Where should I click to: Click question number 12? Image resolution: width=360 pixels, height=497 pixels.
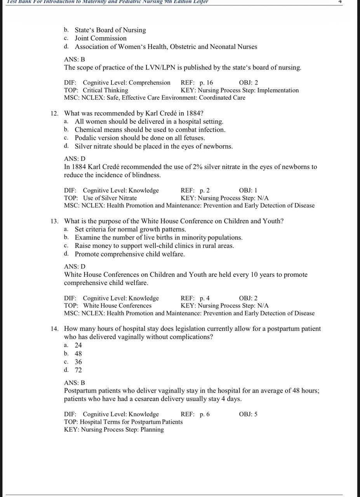[54, 113]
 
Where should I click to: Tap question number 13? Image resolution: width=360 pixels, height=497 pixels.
[54, 221]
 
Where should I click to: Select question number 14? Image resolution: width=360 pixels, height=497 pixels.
[54, 329]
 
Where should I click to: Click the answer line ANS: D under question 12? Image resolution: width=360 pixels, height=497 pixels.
[75, 158]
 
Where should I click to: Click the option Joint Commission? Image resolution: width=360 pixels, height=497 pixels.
[101, 38]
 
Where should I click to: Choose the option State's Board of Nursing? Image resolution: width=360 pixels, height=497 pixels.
[110, 30]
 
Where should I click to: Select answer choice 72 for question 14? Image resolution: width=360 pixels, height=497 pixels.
[78, 370]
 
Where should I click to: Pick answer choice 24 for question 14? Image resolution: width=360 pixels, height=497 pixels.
[78, 345]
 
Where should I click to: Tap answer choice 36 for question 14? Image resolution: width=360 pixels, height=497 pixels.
[78, 362]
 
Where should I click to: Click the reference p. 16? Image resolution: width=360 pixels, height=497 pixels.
[206, 82]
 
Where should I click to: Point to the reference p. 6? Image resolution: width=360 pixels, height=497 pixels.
[205, 414]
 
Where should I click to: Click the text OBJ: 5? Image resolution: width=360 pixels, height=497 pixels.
[248, 414]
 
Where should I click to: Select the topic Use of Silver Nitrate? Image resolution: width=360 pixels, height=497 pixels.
[110, 198]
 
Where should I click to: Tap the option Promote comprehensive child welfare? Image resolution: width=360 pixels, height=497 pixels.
[130, 254]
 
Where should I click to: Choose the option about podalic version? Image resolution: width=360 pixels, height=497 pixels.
[140, 138]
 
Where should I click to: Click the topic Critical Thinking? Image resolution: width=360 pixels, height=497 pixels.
[106, 90]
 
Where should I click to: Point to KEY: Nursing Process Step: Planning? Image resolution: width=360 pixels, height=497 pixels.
[114, 429]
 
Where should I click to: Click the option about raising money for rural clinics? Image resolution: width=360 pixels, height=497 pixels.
[154, 246]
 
